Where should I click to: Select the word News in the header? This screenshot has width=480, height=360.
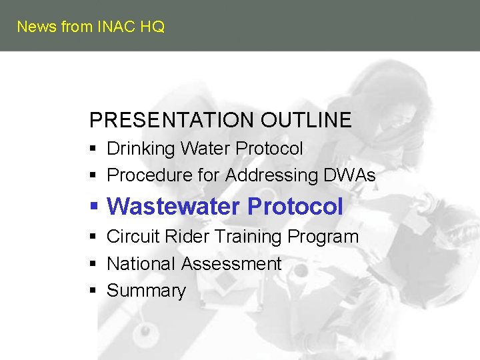tap(37, 27)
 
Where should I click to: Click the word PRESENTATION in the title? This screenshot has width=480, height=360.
tap(172, 120)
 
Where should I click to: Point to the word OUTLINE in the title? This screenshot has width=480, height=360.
tap(306, 120)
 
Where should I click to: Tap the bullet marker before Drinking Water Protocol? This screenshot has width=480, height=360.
tap(94, 149)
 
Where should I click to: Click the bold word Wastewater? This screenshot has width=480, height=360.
tap(173, 207)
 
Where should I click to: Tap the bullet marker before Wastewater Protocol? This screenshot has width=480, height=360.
tap(95, 207)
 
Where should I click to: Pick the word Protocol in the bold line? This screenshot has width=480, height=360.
tap(295, 207)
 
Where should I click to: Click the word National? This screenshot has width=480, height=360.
tap(141, 264)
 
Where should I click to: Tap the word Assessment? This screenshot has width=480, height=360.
tap(231, 264)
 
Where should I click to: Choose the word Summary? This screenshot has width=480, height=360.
tap(146, 291)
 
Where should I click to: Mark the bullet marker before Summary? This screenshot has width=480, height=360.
tap(94, 291)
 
